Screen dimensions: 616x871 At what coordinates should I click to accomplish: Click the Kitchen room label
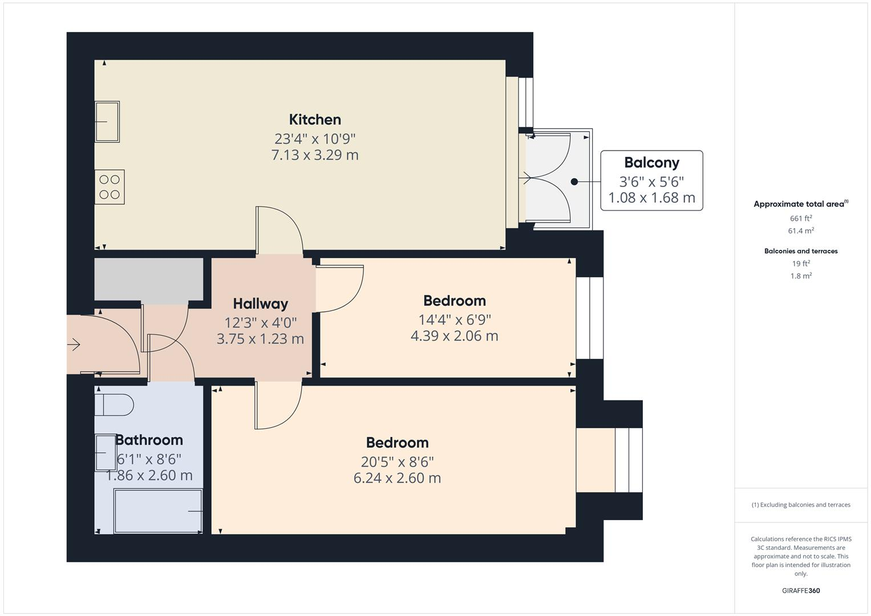pos(315,120)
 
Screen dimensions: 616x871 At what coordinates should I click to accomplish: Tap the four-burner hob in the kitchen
pos(110,187)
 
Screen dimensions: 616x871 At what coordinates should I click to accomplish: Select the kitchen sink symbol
pos(107,121)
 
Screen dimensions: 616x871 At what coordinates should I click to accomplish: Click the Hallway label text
pos(260,304)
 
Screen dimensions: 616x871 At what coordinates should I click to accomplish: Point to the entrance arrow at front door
pos(74,345)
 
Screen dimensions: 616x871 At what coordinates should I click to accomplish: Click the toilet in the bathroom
pos(114,404)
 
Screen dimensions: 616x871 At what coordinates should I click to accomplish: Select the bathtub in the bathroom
pos(159,511)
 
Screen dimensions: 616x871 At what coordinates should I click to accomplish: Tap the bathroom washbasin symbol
pos(106,452)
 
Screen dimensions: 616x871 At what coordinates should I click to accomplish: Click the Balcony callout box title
pos(651,163)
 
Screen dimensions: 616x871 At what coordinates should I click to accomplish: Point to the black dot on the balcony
pos(574,182)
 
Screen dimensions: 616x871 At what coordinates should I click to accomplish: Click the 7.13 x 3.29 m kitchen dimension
pos(315,155)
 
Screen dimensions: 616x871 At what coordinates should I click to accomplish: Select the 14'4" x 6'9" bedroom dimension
pos(455,320)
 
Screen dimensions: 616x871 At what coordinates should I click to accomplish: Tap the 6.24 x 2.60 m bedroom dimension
pos(397,478)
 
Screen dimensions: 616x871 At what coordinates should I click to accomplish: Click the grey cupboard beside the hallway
pos(148,279)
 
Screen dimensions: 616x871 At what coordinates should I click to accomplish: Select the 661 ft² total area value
pos(801,218)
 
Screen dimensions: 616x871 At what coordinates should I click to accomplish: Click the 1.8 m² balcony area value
pos(801,276)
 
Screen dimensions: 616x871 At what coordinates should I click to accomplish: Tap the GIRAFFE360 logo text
pos(801,591)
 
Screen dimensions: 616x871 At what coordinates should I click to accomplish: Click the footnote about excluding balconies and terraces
pos(801,505)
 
